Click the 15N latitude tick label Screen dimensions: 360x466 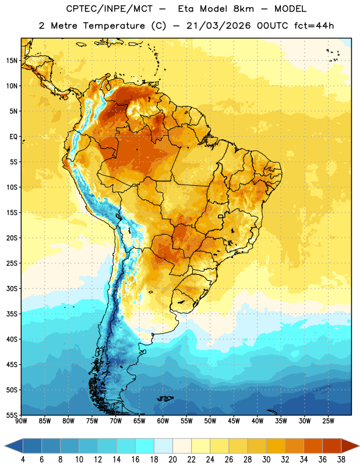coord(12,61)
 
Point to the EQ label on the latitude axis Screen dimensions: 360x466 coord(13,137)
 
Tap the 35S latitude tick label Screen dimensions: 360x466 coord(12,314)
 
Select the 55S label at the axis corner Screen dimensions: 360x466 coord(12,415)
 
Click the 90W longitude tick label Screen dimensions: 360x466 coord(22,421)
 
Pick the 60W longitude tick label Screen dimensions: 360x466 coord(163,421)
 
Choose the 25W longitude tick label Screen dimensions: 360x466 coord(328,421)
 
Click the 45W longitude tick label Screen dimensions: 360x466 coord(234,421)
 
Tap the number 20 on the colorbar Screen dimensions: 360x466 coord(172,460)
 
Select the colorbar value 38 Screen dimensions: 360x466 coord(341,460)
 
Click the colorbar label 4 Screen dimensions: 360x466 coord(23,460)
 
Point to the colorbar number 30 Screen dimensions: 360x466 coord(266,460)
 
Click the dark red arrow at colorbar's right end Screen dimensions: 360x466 coord(350,446)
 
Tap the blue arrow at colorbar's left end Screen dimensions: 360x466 coord(14,446)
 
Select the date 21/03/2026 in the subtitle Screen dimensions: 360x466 coord(218,26)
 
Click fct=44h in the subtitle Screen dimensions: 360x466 coord(314,26)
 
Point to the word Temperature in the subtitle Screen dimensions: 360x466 coord(114,26)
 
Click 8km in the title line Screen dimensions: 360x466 coord(243,9)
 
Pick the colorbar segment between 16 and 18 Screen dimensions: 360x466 coord(145,446)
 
